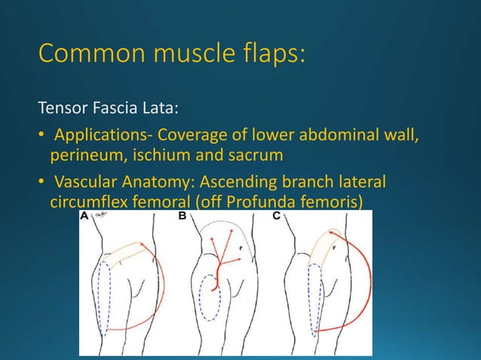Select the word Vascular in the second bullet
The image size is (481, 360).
click(x=84, y=183)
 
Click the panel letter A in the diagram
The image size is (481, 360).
click(x=84, y=217)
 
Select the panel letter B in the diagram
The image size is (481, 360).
click(x=182, y=217)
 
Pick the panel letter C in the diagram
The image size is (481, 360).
click(x=276, y=217)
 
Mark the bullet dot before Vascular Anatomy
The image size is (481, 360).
click(x=41, y=184)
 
